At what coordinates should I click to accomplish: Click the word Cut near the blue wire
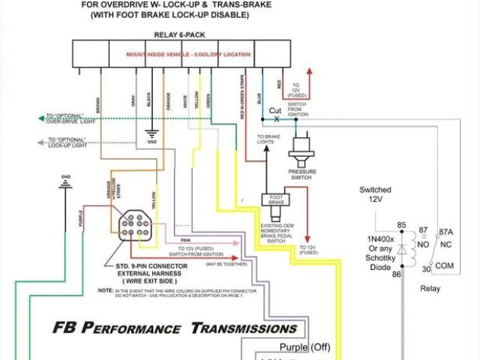point(275,110)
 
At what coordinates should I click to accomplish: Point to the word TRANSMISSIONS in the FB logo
point(244,328)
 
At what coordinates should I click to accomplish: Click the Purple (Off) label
point(304,347)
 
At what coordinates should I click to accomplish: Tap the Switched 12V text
point(375,194)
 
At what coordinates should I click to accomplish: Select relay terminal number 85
point(401,225)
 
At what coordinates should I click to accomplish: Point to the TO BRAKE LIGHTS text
point(268,140)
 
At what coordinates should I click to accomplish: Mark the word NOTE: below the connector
point(106,289)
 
